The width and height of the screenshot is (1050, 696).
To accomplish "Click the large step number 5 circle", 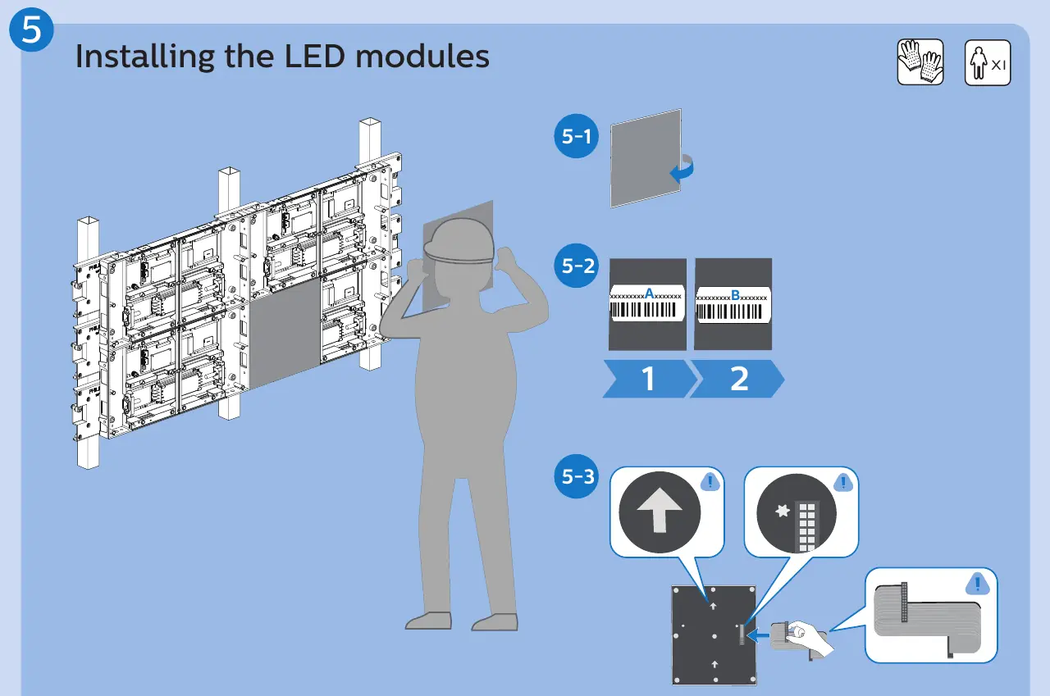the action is pos(31,30).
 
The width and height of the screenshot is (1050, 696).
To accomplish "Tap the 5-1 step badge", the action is pos(576,136).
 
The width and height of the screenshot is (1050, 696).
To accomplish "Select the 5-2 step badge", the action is pos(576,266).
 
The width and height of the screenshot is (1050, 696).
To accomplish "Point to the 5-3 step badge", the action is pos(576,476).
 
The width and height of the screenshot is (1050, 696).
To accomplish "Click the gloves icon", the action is pos(920,61).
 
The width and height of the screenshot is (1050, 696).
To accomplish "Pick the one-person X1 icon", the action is pos(988,62).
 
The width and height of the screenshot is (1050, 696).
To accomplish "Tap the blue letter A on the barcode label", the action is pos(649,293).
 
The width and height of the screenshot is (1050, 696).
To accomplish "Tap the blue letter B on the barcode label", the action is pos(736,295).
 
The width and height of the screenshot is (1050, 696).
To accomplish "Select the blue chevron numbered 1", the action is pos(649,379).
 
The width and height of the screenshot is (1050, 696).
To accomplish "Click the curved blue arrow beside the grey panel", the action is pos(683,168).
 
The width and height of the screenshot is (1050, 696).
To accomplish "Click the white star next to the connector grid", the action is pos(783,511).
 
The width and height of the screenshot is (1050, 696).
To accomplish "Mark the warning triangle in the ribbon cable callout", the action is pos(977,584).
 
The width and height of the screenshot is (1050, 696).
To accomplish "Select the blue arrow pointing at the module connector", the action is pos(758,635).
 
